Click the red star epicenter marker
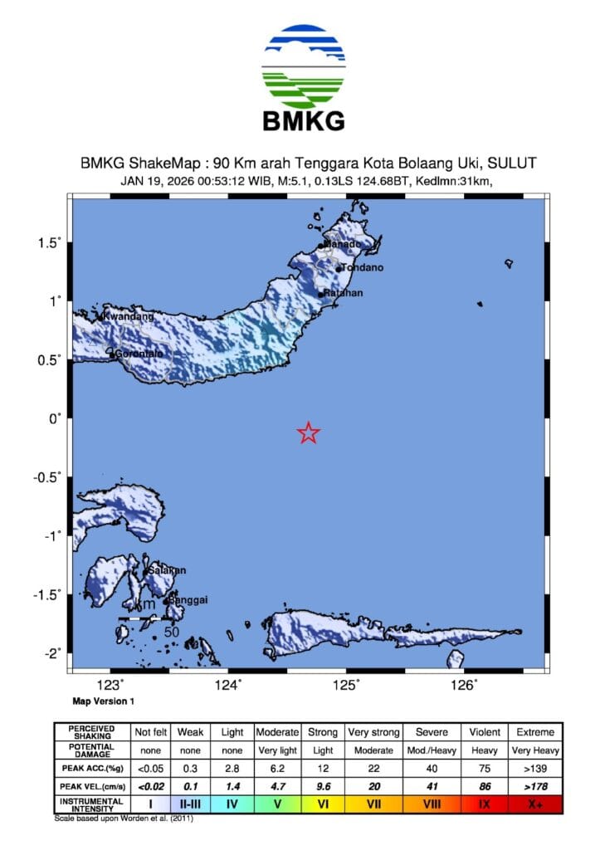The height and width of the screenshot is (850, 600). coord(309,432)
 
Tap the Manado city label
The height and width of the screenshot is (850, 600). coord(341,244)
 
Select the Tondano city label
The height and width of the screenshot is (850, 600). coord(363,268)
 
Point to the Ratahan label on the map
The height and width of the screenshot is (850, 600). coord(343,294)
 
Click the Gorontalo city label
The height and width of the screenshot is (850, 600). coord(139,354)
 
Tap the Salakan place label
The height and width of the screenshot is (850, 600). coord(166,570)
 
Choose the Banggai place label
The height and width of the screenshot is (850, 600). coord(188,599)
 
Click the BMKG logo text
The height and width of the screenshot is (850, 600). coord(303,122)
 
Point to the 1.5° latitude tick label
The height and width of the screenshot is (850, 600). coord(50,243)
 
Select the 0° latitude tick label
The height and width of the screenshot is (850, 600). coord(56,418)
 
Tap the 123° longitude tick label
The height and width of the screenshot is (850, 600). coord(110,685)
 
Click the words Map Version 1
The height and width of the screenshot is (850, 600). coord(103,701)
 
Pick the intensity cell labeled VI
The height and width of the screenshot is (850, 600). coord(323,803)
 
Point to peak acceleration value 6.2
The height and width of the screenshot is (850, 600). coord(277,767)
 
